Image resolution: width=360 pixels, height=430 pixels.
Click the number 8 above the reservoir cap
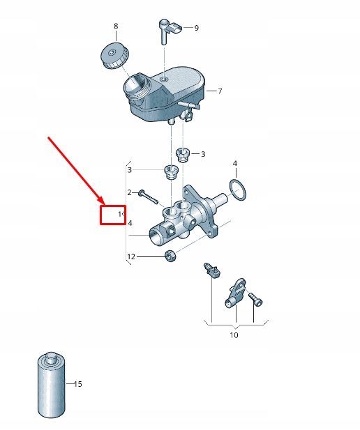[x=116, y=26]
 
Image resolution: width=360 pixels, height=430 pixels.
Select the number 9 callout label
[x=196, y=28]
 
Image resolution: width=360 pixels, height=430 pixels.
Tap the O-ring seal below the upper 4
[x=238, y=189]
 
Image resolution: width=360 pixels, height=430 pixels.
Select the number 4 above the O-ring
[x=235, y=164]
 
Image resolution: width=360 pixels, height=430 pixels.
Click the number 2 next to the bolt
[x=129, y=192]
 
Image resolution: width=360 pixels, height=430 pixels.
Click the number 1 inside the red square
[x=119, y=214]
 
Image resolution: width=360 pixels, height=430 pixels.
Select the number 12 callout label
[x=130, y=257]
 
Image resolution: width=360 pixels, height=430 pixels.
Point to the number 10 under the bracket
[x=234, y=335]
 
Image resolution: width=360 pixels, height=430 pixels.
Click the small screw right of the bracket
[x=255, y=300]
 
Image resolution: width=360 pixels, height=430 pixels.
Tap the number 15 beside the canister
[x=77, y=384]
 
